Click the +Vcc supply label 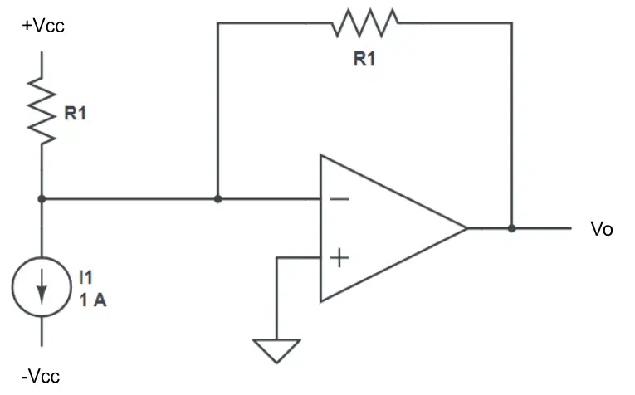coord(43,26)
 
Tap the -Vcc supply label coord(41,377)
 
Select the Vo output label coord(602,229)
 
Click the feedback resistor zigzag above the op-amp coord(365,22)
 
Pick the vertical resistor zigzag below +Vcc coord(42,110)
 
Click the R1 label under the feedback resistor coord(364,59)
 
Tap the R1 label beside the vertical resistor coord(76,114)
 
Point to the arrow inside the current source coord(42,286)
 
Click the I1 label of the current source coord(85,278)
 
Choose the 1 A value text coord(93,300)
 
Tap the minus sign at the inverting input coord(339,198)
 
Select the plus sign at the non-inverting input coord(339,258)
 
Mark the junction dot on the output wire coord(512,228)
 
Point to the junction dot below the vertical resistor coord(42,199)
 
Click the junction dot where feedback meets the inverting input coord(217,199)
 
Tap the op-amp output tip coord(468,228)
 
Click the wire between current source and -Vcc coord(42,331)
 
